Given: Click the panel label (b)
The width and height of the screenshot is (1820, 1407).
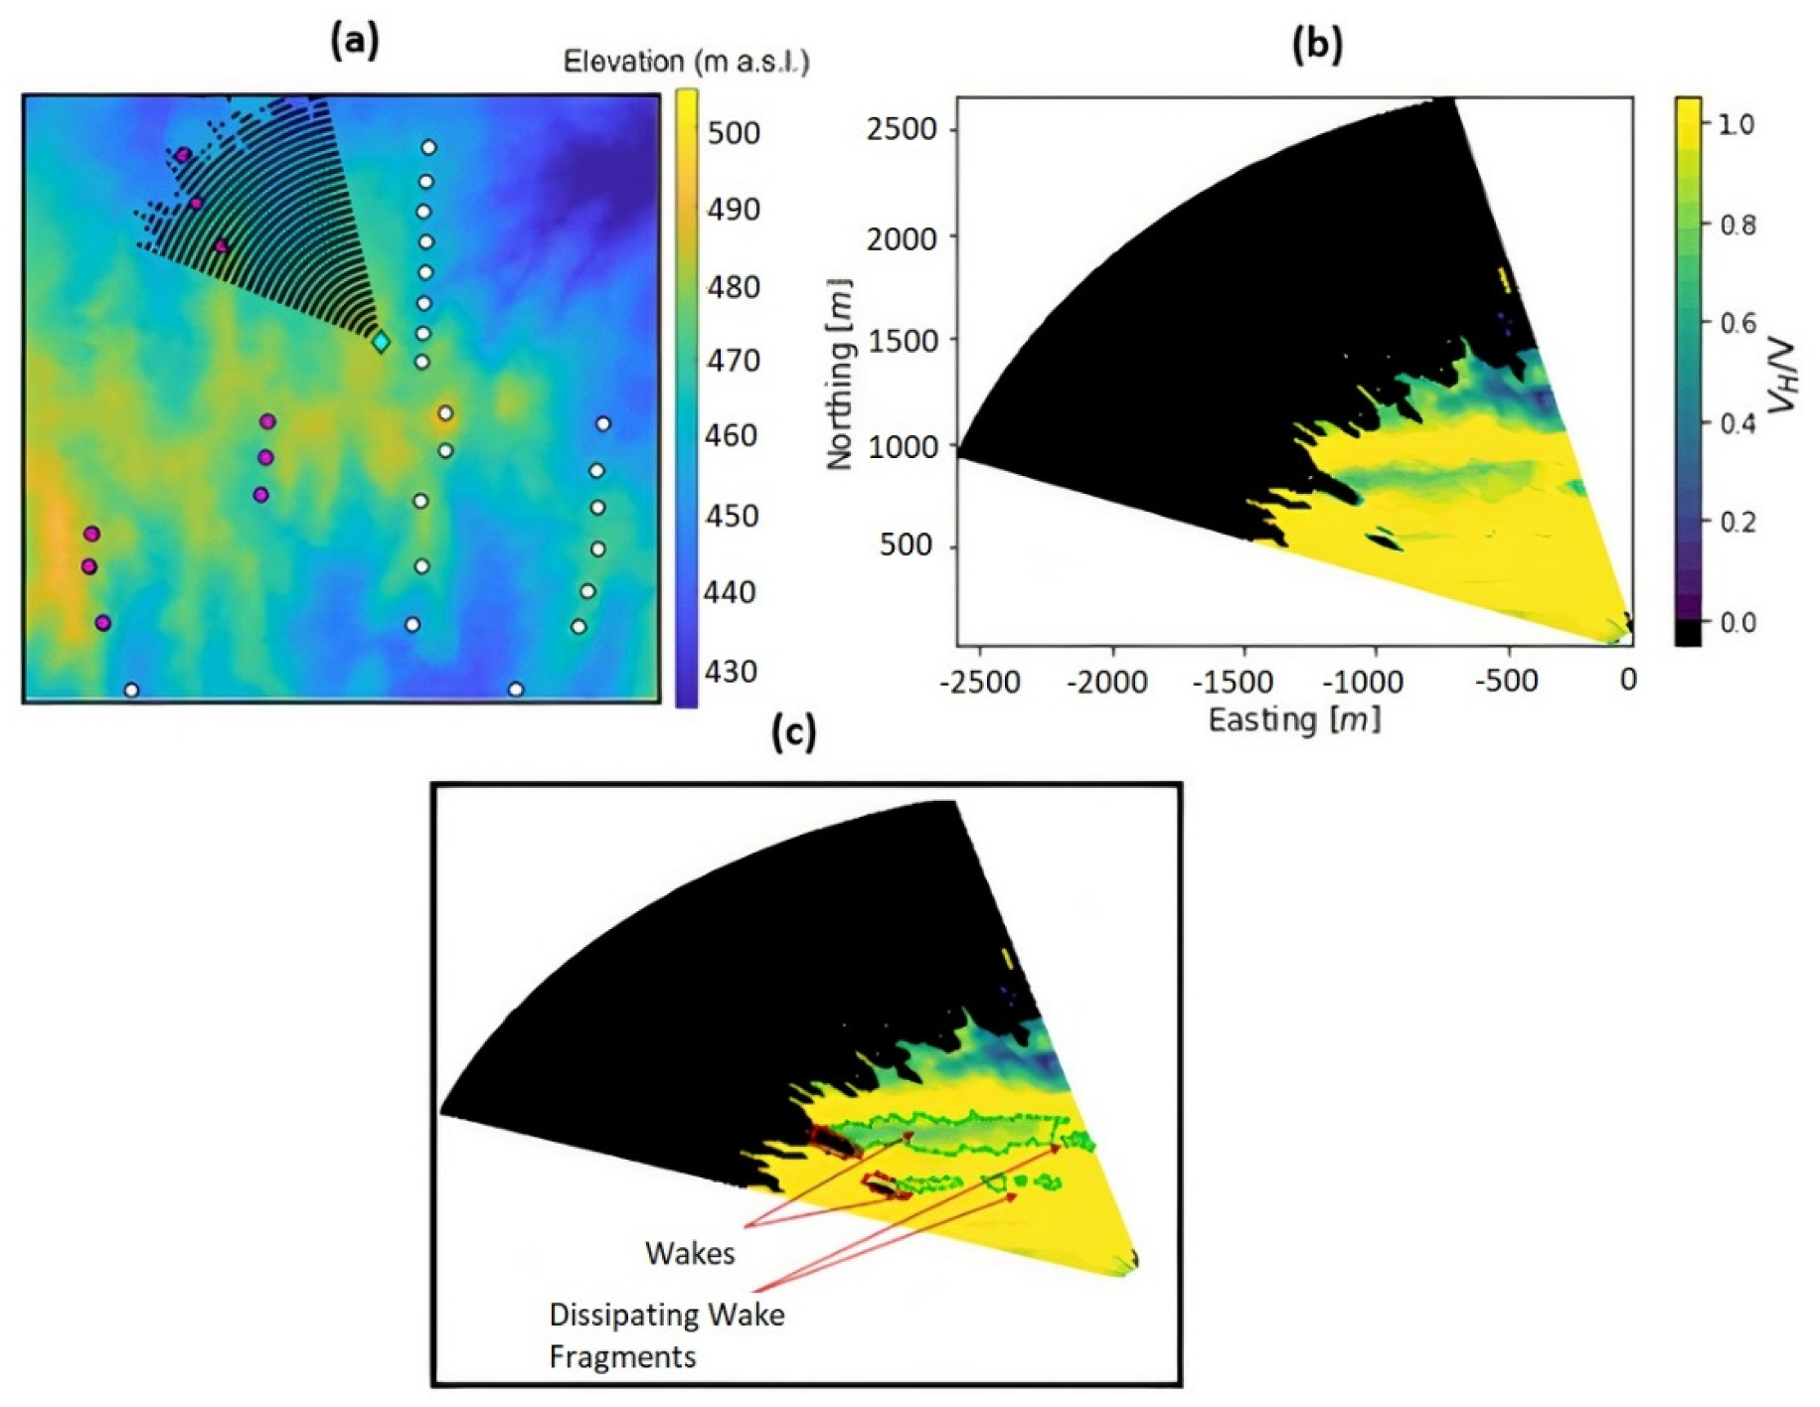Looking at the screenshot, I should (x=1316, y=44).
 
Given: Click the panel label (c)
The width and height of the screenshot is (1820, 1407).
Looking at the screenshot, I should (x=794, y=732).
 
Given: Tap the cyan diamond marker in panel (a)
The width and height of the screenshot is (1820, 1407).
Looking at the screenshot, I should (x=381, y=342).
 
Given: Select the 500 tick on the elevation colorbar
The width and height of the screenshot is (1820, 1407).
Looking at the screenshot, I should (x=734, y=132).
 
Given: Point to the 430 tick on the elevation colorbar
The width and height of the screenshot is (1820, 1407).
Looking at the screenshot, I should (x=731, y=671).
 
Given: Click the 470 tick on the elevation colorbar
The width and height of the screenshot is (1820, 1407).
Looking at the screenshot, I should (x=733, y=360).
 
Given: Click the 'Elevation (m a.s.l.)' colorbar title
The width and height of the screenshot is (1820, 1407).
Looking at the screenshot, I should (x=686, y=62).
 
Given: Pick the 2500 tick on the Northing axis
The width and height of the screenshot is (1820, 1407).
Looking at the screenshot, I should (x=902, y=129).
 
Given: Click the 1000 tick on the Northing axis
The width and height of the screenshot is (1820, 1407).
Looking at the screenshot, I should (x=902, y=447).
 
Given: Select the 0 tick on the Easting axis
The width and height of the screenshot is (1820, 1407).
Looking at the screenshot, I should (x=1627, y=680).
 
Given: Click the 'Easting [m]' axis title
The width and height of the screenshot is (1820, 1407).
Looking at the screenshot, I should (x=1294, y=718).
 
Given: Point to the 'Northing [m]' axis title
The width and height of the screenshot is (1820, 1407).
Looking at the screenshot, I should (x=840, y=374).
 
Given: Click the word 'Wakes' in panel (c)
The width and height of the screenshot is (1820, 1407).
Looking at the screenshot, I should (x=690, y=1253).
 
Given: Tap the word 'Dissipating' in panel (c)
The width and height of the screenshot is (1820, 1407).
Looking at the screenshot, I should (x=613, y=1315).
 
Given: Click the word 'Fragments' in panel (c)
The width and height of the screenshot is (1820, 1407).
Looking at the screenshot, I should (x=622, y=1356).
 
